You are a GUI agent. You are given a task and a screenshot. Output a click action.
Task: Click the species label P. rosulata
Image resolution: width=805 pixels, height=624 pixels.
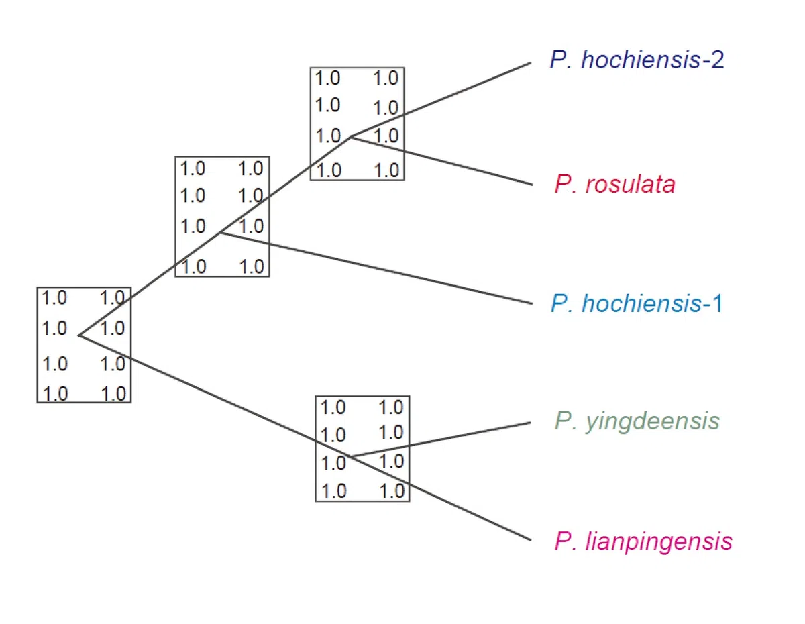[614, 185]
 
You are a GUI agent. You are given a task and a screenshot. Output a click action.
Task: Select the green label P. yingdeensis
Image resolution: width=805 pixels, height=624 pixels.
[637, 421]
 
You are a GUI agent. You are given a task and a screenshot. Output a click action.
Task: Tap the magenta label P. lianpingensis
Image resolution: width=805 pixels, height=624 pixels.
[643, 541]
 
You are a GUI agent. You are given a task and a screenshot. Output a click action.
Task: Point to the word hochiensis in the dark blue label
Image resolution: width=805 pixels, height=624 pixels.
[625, 60]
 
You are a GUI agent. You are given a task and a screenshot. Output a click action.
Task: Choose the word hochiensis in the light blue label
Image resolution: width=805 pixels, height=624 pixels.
[625, 304]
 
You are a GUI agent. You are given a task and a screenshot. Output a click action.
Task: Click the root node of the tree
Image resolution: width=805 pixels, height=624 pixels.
[79, 334]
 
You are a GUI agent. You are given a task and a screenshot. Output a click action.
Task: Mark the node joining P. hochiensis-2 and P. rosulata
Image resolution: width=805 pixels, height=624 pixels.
[351, 137]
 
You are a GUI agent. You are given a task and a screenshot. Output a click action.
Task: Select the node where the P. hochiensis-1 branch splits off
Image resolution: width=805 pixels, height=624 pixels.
[221, 233]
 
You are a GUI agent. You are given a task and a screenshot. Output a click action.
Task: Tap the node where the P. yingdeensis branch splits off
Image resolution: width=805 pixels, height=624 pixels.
[351, 457]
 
